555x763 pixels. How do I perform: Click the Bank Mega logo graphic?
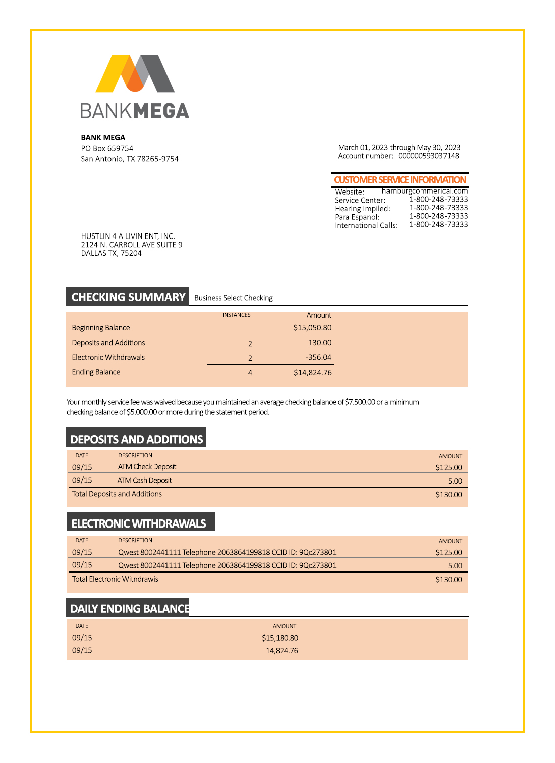(135, 74)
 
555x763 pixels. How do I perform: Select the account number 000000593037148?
(428, 156)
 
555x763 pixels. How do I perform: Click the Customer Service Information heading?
(400, 180)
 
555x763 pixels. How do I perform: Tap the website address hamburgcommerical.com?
(424, 191)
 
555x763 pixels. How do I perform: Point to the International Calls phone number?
(438, 224)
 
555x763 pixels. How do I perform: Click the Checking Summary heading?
(128, 297)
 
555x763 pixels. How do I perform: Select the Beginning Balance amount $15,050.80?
(312, 328)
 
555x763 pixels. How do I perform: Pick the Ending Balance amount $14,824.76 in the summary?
(312, 373)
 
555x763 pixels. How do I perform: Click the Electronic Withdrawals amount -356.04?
(318, 357)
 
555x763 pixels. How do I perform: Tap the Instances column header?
(236, 315)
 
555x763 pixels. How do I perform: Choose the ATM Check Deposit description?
(147, 467)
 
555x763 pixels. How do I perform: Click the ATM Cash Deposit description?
(144, 480)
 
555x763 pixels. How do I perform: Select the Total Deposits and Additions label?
(117, 494)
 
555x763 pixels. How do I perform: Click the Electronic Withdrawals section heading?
(139, 523)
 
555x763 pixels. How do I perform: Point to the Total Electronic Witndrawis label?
(115, 579)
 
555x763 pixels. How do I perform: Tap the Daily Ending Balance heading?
(130, 609)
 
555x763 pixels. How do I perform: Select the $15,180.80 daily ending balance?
(280, 638)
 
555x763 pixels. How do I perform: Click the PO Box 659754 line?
(107, 148)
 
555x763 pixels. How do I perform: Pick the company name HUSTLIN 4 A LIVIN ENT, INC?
(128, 236)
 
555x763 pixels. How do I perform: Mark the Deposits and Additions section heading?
(136, 439)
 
